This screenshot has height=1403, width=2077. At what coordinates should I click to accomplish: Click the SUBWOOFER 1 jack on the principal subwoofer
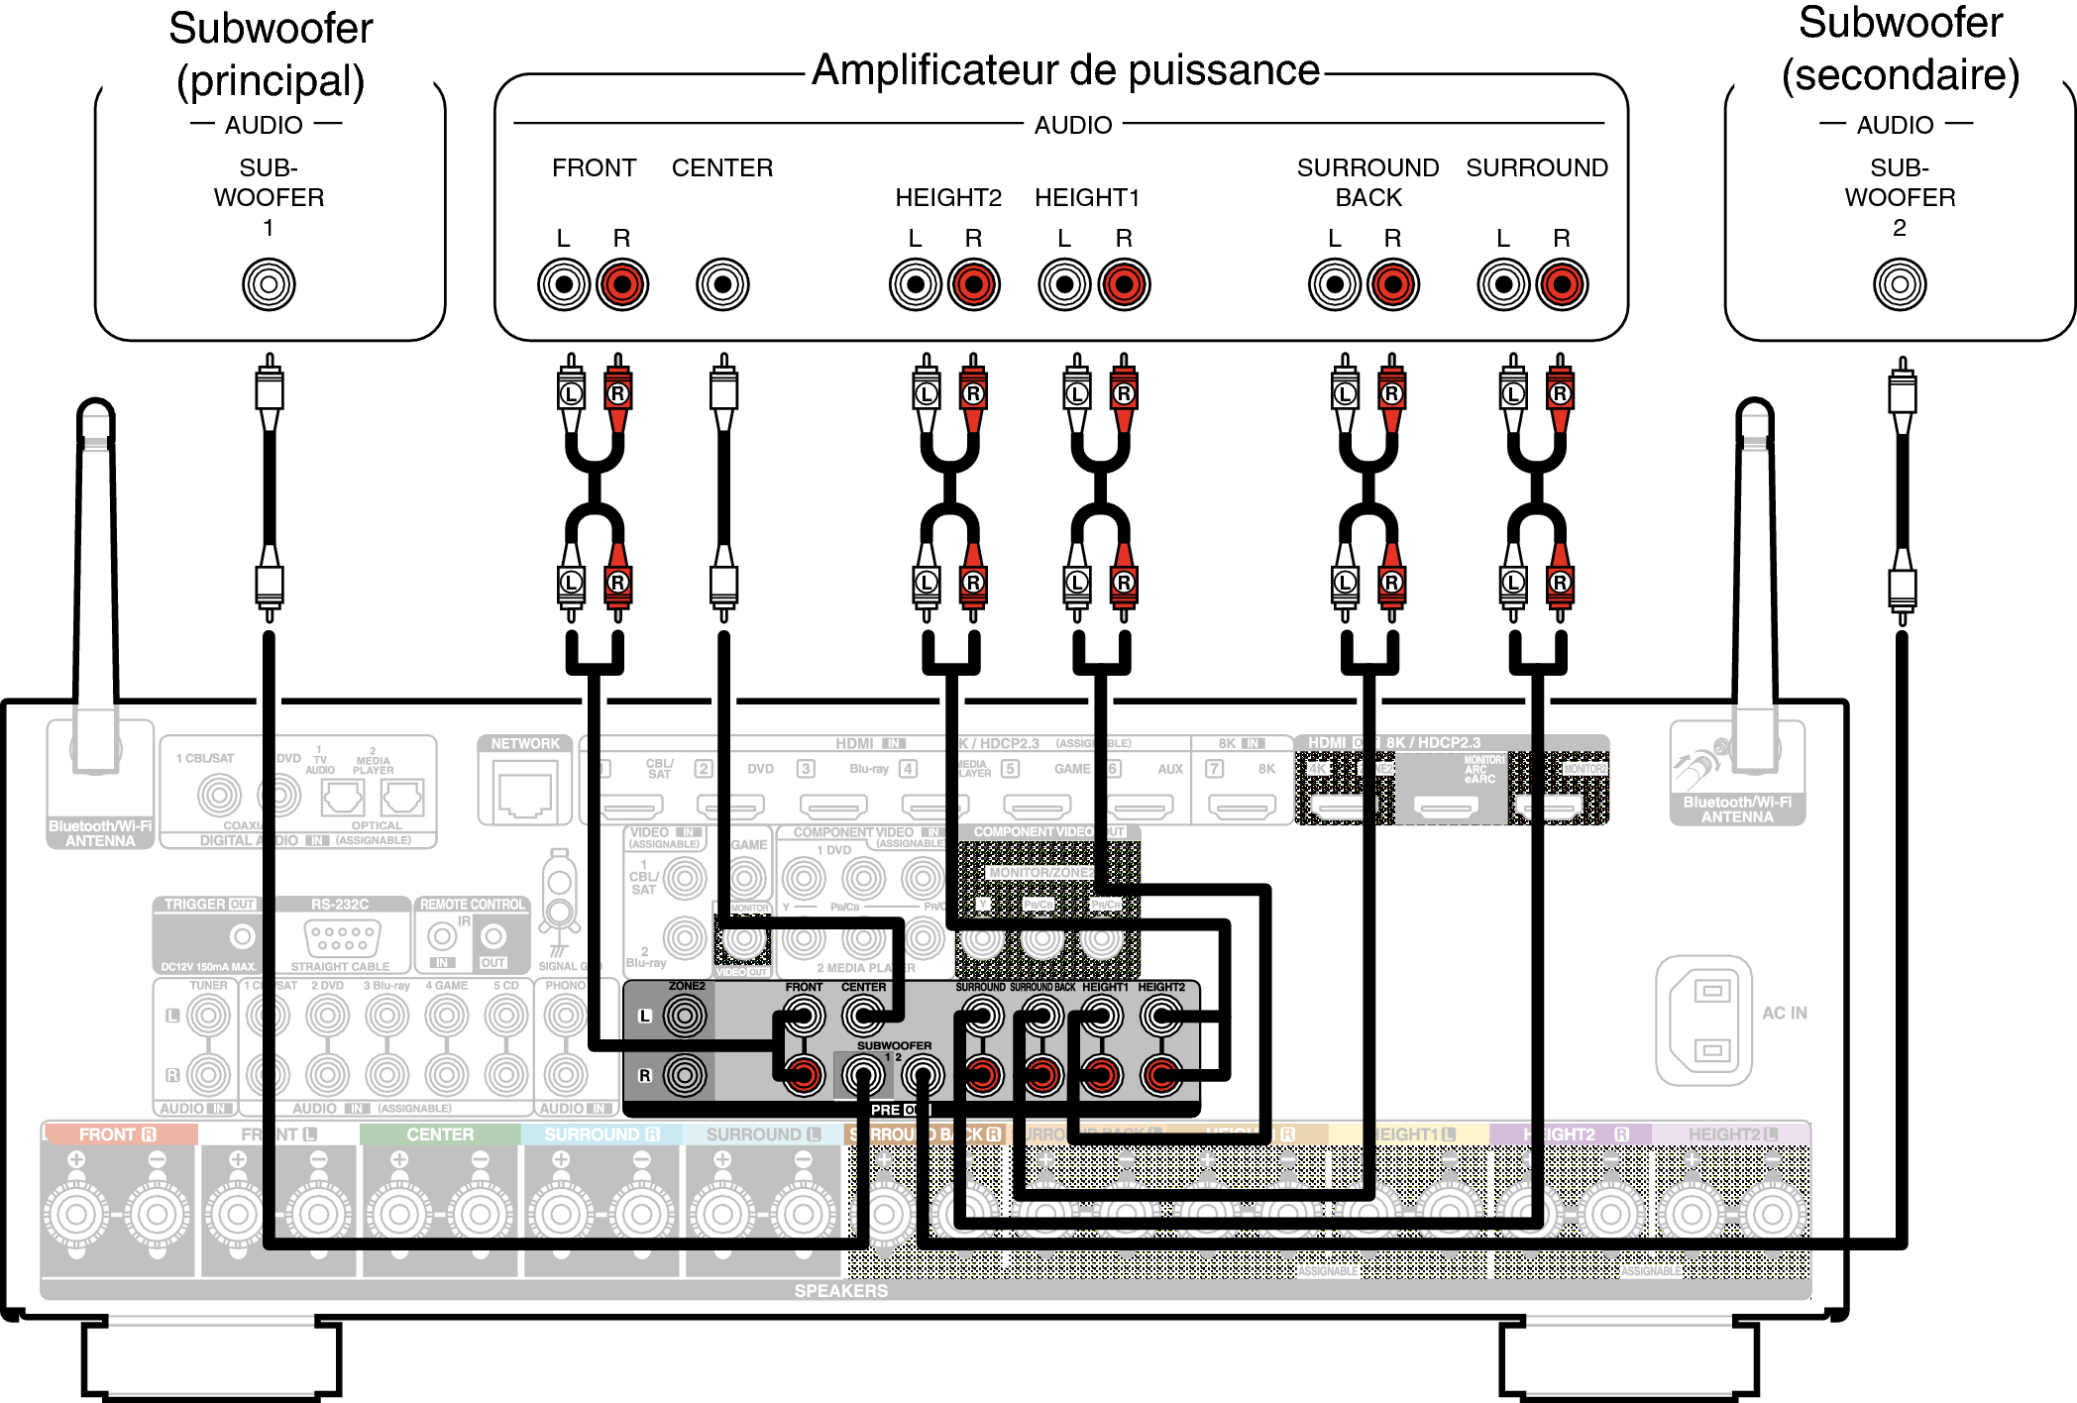click(269, 284)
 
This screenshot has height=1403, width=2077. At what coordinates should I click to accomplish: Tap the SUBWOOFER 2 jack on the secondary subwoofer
click(1900, 284)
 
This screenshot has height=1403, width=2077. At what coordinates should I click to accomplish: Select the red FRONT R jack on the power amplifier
click(622, 284)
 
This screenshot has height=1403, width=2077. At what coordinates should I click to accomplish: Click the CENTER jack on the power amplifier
click(722, 284)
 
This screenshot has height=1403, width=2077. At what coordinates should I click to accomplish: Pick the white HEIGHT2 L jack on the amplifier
click(916, 284)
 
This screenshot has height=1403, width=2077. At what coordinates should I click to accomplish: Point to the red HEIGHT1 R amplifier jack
click(1124, 284)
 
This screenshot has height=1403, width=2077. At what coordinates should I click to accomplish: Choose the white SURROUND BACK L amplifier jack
click(1335, 284)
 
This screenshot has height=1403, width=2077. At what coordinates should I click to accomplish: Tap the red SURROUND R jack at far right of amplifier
click(1562, 284)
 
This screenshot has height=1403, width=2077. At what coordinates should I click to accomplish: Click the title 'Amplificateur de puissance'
click(1065, 70)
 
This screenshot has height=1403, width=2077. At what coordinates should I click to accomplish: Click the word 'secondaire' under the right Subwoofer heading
click(1901, 75)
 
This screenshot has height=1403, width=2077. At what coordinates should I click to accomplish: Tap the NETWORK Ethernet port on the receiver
click(525, 794)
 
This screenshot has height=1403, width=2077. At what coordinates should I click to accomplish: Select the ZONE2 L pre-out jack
click(685, 1016)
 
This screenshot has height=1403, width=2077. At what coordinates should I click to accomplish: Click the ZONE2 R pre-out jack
click(685, 1075)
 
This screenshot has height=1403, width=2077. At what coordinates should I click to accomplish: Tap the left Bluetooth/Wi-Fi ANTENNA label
click(100, 833)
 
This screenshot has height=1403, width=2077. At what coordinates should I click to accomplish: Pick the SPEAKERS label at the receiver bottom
click(840, 1290)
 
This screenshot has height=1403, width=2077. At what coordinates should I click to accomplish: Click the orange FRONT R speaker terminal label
click(118, 1134)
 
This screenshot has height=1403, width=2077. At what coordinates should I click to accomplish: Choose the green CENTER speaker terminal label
click(440, 1134)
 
